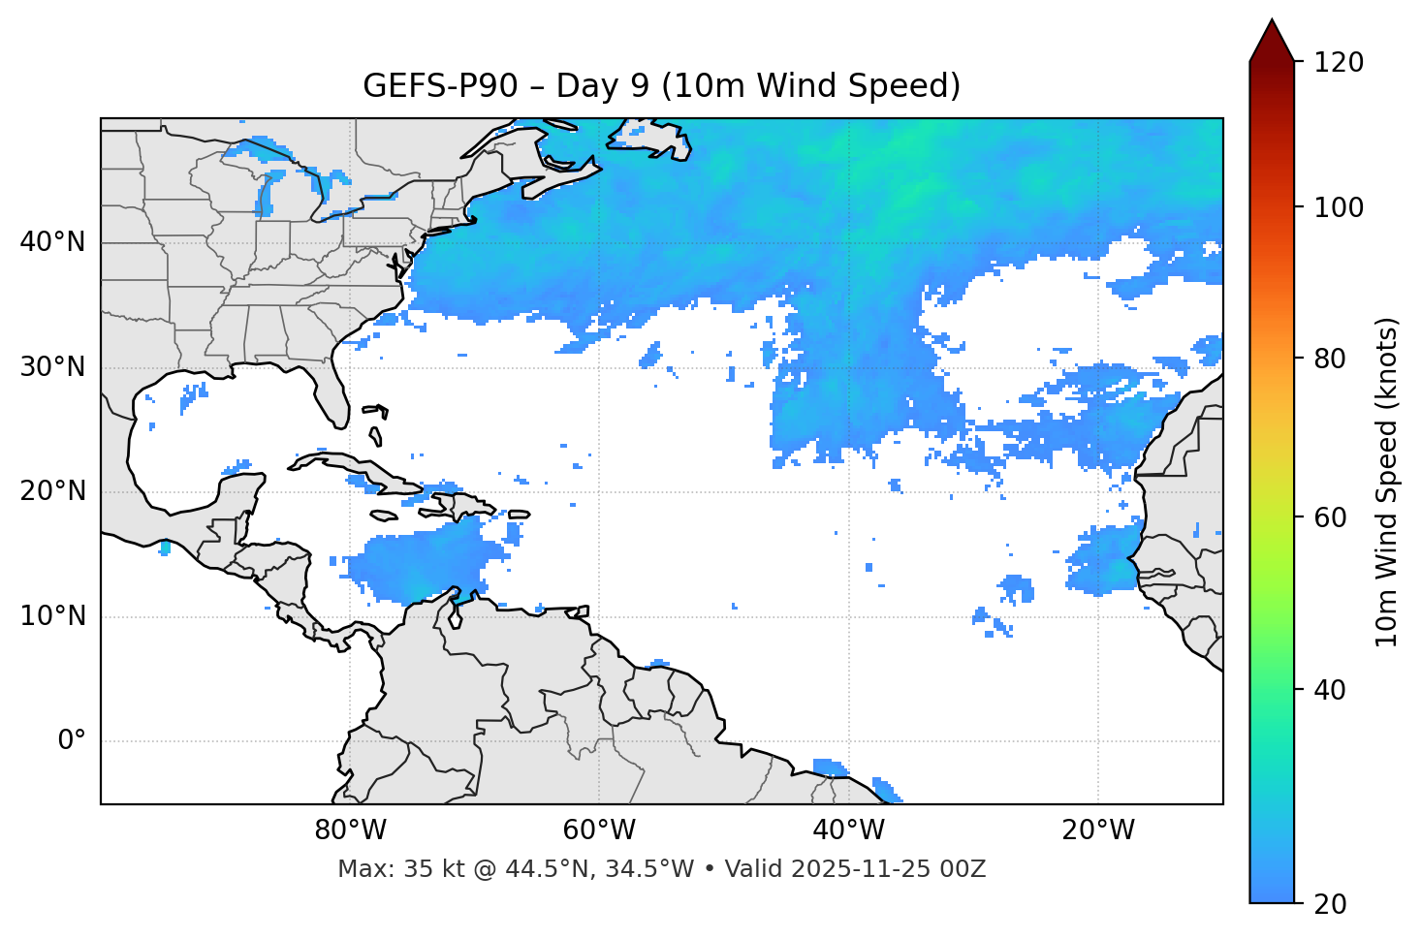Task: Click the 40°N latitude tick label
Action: (52, 242)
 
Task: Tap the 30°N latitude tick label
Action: (52, 367)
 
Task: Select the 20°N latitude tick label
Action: (52, 491)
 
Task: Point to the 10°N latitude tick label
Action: (52, 616)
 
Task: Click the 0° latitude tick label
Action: (71, 741)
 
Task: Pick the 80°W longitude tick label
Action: (350, 830)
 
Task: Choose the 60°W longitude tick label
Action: (599, 830)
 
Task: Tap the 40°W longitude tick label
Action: (848, 830)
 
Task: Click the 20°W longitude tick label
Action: (1097, 830)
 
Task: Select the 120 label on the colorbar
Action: (1339, 63)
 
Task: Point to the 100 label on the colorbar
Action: (1339, 207)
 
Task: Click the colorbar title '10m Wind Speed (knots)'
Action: (1387, 482)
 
